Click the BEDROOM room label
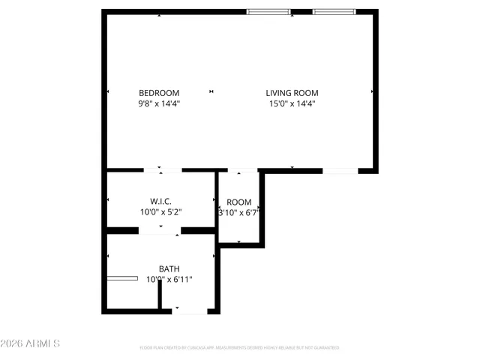coord(158,93)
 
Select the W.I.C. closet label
coord(161,202)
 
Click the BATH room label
coord(169,268)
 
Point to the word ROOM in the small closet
coord(239,202)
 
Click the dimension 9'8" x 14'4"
coord(158,103)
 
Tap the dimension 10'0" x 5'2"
coord(161,212)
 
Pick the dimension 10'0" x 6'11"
coord(170,279)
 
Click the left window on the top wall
coord(269,11)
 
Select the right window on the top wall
coord(334,11)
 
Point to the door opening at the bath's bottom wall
coord(189,310)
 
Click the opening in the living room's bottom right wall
coord(340,172)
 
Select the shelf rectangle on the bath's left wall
coord(121,278)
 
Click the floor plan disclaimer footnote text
coord(240,348)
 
